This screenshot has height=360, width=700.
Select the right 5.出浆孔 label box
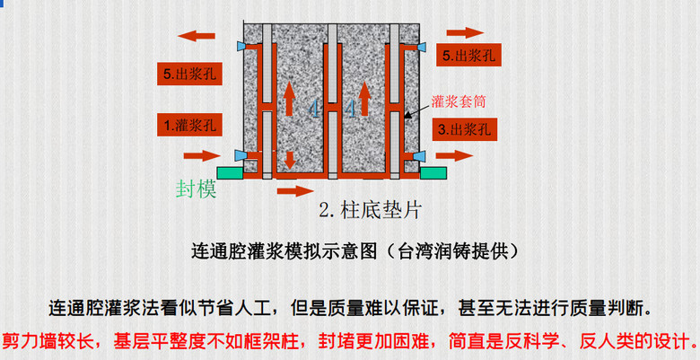(x=470, y=56)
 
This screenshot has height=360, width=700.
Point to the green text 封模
(x=197, y=189)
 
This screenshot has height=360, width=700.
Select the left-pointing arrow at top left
(x=197, y=36)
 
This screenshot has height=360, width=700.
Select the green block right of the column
(x=434, y=170)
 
